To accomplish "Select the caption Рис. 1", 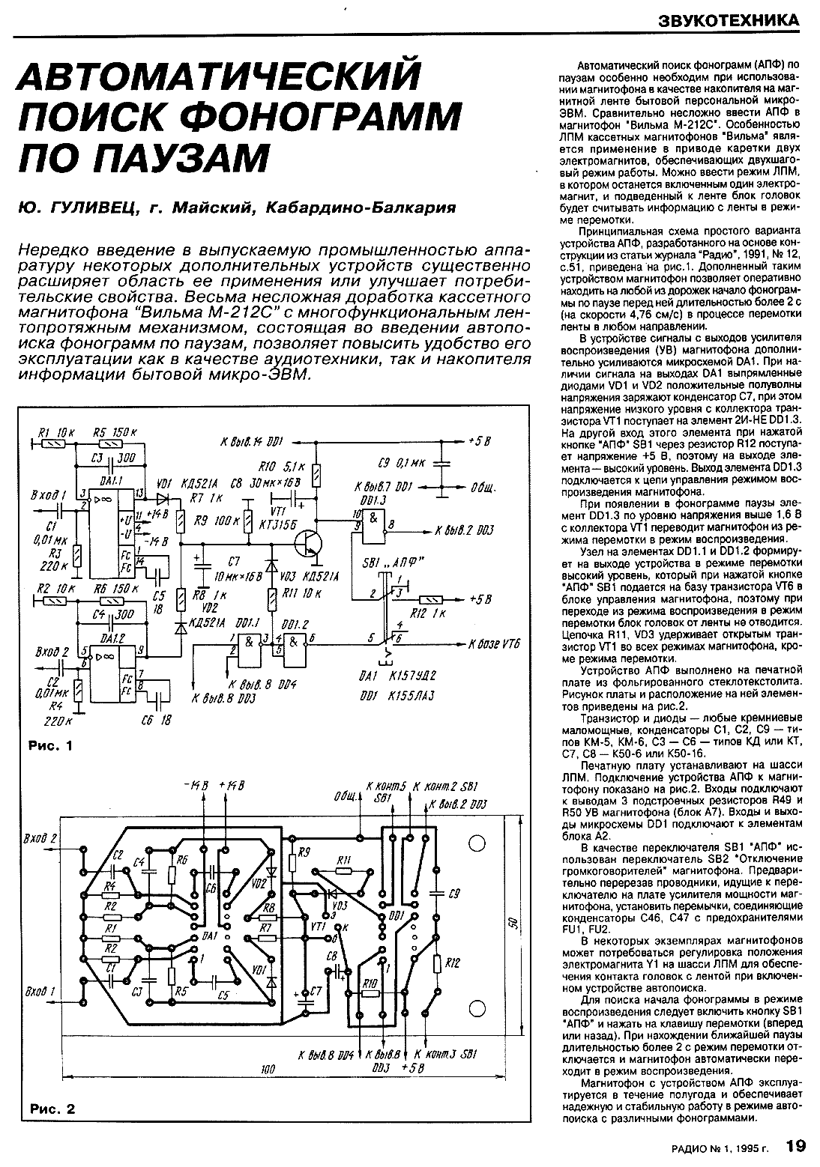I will click(50, 747).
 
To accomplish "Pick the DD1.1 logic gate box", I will click(247, 645).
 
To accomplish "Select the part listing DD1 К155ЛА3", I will click(397, 695).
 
